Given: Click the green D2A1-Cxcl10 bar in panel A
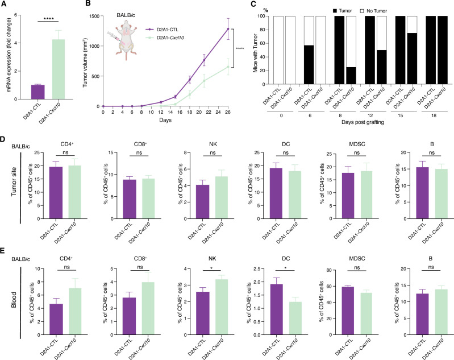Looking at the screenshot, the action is click(x=58, y=69).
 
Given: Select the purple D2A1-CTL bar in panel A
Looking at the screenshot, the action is click(x=38, y=92).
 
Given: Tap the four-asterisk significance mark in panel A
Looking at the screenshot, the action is click(x=48, y=19).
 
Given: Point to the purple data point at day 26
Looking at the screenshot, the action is click(x=228, y=28).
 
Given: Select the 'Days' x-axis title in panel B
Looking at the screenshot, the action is click(x=165, y=119).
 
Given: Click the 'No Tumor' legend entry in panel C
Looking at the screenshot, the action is click(x=373, y=11).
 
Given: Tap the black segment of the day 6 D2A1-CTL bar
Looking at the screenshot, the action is click(x=309, y=65).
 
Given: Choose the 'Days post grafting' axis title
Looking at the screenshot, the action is click(x=363, y=122).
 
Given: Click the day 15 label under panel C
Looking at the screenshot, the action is click(x=401, y=115).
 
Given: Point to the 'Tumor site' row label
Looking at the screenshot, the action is click(x=14, y=182).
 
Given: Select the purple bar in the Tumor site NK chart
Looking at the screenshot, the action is click(x=202, y=202).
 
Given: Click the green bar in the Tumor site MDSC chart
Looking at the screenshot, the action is click(x=367, y=195).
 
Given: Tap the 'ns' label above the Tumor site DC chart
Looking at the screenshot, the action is click(x=285, y=152).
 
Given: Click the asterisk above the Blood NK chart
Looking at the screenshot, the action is click(x=211, y=268).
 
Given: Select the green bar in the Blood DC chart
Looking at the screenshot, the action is click(x=295, y=318).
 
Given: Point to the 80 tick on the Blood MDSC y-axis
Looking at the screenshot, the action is click(x=329, y=270).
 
